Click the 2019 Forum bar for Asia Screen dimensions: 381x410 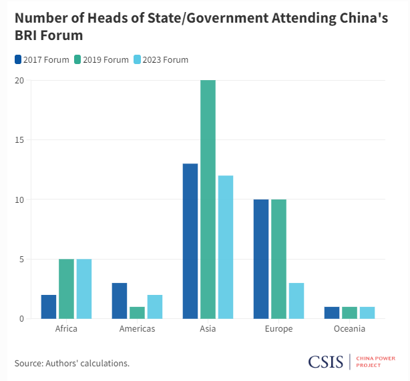(x=208, y=200)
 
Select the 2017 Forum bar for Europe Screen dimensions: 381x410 (x=261, y=259)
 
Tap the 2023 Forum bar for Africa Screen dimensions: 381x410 (x=84, y=289)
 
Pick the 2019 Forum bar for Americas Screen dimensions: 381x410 (x=137, y=312)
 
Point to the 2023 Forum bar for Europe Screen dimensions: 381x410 (x=296, y=301)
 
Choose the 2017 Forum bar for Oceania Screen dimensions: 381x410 (x=332, y=312)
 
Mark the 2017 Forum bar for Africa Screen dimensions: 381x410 (x=49, y=306)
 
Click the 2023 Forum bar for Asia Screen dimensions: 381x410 (x=226, y=247)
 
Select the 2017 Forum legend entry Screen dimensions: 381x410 (x=41, y=59)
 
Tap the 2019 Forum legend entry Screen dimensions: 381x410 (x=101, y=59)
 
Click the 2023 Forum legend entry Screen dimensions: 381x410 (x=160, y=59)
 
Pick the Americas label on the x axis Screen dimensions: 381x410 (x=137, y=329)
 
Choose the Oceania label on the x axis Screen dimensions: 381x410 (x=349, y=329)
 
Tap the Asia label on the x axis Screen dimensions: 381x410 (x=208, y=329)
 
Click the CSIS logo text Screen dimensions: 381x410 (x=325, y=362)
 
